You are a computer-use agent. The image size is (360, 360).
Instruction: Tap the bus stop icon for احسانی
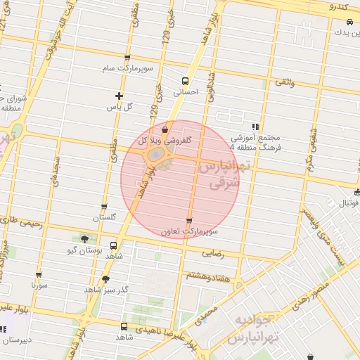click(186, 82)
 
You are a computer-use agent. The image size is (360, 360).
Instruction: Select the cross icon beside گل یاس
click(119, 96)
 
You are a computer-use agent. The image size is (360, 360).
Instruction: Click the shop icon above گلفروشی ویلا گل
click(165, 129)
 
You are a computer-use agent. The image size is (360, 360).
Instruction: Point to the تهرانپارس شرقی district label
click(219, 174)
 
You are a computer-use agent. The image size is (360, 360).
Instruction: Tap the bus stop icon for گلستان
click(104, 207)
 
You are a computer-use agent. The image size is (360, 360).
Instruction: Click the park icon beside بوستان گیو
click(84, 239)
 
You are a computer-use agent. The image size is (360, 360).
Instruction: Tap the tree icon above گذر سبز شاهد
click(105, 279)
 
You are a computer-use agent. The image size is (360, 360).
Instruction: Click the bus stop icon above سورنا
click(39, 275)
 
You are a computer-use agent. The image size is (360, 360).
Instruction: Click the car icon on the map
click(349, 22)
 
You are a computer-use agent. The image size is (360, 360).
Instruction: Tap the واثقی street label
click(285, 83)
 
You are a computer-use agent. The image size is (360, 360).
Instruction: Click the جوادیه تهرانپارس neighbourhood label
click(252, 328)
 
